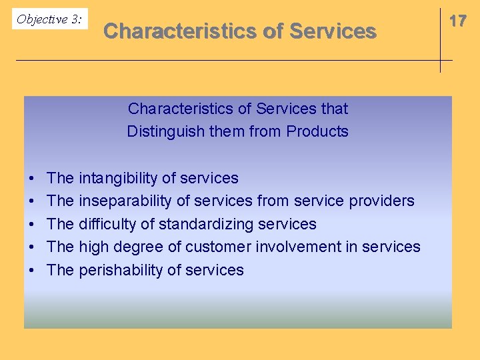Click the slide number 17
click(x=457, y=21)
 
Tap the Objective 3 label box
click(x=49, y=19)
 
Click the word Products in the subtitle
click(x=317, y=131)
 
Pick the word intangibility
click(x=118, y=178)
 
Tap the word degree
click(x=140, y=247)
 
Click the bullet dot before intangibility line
click(x=32, y=179)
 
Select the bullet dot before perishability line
click(x=32, y=271)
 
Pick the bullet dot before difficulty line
click(x=32, y=225)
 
